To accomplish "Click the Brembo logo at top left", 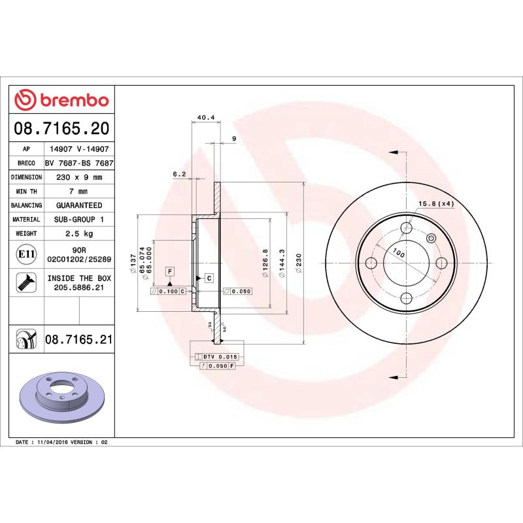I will [61, 100].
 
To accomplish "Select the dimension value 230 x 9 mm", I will [79, 177].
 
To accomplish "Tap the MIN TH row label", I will [27, 192].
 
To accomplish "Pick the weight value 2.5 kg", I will [79, 233].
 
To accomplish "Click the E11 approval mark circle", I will [27, 254].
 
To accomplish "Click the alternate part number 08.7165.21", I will [79, 340].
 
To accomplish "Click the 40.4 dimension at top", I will [206, 118].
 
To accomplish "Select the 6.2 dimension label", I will [179, 174].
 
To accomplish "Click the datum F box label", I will [169, 271].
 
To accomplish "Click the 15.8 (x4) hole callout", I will [436, 204].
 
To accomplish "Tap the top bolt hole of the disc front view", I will [407, 228].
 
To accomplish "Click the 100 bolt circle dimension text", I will [399, 254].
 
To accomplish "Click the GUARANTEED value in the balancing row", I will [79, 205].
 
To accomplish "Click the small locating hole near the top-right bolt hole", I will [431, 239].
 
